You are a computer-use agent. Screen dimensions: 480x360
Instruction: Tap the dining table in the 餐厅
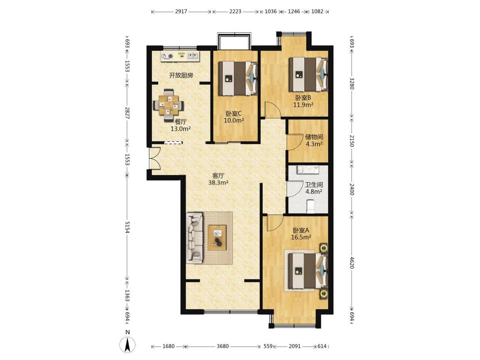(168, 105)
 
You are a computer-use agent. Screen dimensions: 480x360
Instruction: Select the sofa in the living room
(194, 238)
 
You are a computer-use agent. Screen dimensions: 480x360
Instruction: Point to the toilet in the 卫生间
(310, 207)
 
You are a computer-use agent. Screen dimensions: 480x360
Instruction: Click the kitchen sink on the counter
(193, 56)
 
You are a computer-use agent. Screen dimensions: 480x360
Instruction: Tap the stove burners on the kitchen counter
(167, 56)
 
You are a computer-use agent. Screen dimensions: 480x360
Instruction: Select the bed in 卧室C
(238, 78)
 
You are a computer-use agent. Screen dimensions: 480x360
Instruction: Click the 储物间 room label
(314, 137)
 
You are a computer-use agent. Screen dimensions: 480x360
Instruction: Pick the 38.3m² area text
(219, 183)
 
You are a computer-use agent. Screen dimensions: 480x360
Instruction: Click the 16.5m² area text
(301, 237)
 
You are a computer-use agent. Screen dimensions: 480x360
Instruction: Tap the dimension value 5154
(127, 227)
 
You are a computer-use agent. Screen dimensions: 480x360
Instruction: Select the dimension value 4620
(352, 262)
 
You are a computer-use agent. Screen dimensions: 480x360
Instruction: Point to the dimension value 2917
(181, 11)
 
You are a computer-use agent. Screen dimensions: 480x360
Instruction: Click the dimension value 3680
(223, 346)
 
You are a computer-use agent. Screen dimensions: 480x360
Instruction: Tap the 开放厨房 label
(181, 76)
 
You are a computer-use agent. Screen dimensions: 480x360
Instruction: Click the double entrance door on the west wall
(154, 159)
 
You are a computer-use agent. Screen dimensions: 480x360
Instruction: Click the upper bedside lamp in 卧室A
(324, 248)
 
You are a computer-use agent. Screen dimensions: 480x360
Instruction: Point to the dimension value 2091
(294, 346)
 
